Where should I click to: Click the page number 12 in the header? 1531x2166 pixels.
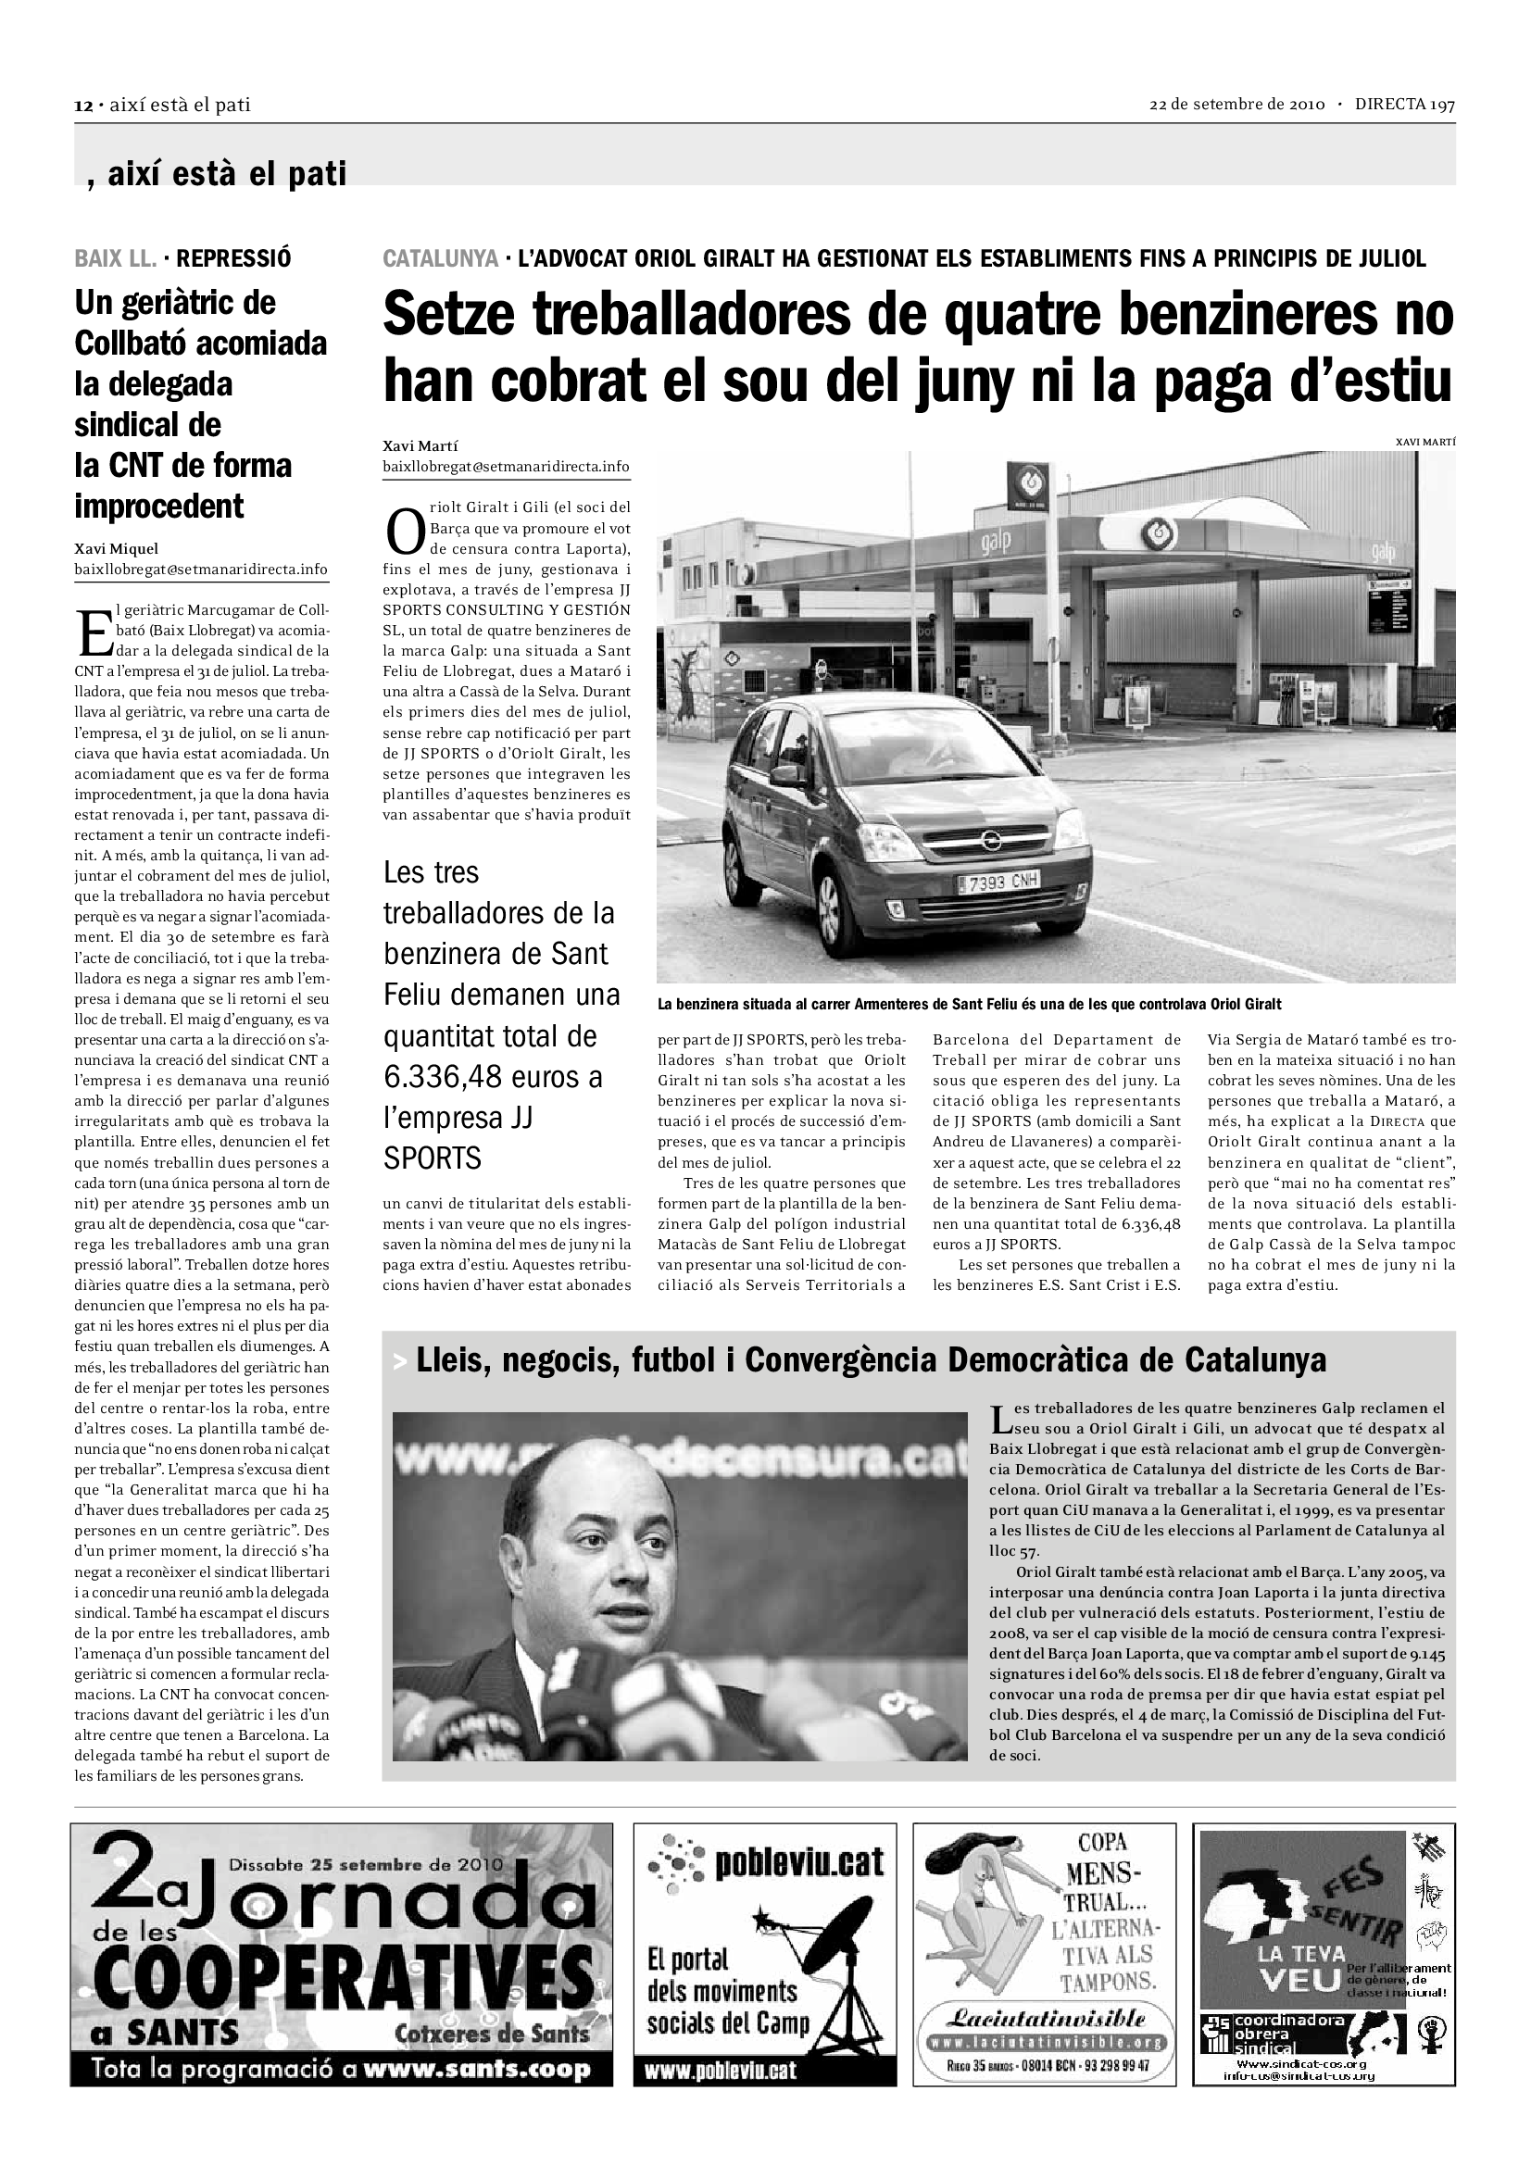click(82, 106)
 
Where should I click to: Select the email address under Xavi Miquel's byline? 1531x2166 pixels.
click(201, 569)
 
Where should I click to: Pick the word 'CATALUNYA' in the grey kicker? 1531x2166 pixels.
click(441, 258)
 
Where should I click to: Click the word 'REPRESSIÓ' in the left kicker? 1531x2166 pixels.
click(233, 257)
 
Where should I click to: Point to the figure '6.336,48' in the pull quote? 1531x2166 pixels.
click(443, 1077)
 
